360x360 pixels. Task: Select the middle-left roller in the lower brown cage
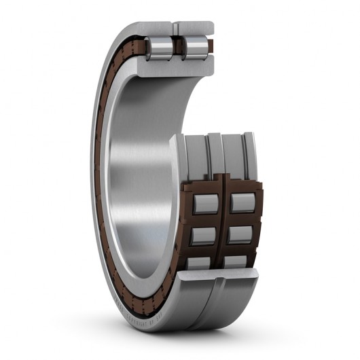click(201, 235)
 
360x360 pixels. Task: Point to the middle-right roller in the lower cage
click(240, 235)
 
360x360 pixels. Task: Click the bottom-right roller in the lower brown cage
click(238, 262)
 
